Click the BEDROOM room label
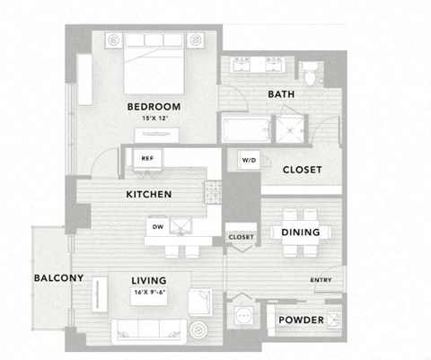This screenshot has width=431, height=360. (154, 107)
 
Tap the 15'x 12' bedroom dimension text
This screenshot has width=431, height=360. (154, 118)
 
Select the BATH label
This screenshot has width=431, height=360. (282, 94)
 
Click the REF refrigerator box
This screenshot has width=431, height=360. (145, 158)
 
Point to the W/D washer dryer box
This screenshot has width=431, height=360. (248, 161)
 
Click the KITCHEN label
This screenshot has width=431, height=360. (149, 194)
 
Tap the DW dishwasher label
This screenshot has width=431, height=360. (157, 226)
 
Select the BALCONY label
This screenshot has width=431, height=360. (58, 277)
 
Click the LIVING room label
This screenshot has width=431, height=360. (149, 281)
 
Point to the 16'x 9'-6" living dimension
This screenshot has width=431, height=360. (149, 293)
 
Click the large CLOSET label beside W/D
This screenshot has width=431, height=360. (302, 170)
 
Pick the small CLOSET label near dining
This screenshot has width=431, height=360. (241, 237)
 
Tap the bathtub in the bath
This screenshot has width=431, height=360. (247, 130)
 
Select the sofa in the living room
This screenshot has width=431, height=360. (148, 329)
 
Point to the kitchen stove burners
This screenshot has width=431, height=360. (214, 190)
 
